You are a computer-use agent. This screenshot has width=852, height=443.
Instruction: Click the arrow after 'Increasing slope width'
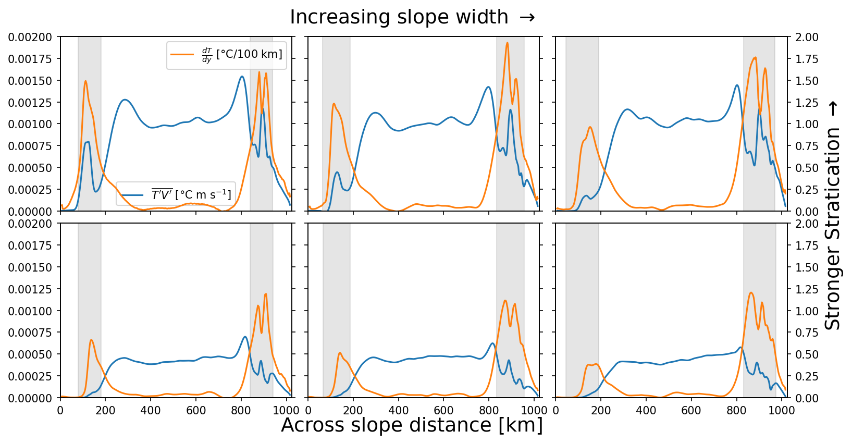[527, 17]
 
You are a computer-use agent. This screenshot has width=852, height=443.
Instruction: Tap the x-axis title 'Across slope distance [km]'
[412, 425]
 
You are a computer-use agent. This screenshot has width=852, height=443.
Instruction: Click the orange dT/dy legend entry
[227, 55]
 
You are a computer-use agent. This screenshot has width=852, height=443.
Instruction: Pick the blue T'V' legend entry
[176, 195]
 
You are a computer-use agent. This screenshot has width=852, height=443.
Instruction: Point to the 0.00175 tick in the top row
[30, 59]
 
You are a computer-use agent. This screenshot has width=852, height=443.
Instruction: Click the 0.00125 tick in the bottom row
[30, 289]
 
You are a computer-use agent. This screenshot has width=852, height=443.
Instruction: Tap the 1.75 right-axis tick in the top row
[807, 59]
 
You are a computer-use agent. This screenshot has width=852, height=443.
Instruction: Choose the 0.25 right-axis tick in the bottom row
[807, 376]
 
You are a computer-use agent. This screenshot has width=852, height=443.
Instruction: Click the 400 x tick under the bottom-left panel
[151, 410]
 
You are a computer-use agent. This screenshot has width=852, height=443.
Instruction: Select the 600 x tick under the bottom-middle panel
[443, 410]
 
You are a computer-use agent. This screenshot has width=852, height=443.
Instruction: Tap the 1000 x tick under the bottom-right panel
[781, 410]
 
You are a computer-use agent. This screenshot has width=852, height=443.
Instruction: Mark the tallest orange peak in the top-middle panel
[507, 43]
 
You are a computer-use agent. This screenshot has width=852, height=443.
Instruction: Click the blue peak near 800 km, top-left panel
[242, 77]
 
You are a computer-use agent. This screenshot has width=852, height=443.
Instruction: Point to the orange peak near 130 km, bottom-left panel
[91, 340]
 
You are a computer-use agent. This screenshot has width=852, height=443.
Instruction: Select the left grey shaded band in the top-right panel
[582, 124]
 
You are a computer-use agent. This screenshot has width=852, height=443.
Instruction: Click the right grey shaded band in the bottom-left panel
[261, 311]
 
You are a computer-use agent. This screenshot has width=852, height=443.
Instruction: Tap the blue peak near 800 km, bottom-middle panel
[492, 343]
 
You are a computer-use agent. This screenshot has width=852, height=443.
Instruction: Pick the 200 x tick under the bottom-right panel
[601, 410]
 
